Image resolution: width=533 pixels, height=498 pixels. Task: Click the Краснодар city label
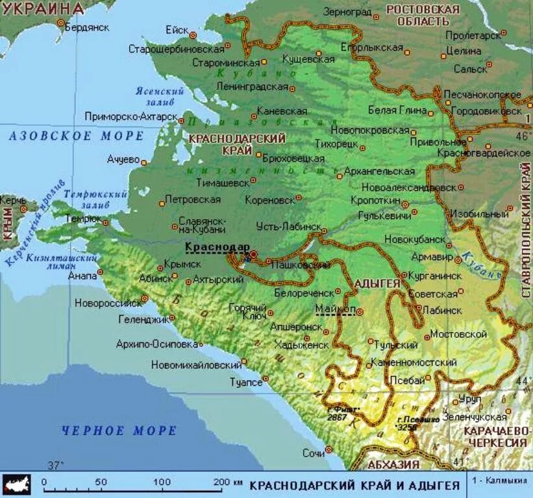pos(217,247)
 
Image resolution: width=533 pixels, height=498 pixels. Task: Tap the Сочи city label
pos(313,453)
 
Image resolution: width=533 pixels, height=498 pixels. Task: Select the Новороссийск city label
pos(108,303)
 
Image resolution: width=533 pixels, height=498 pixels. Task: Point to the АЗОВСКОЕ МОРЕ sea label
pos(76,136)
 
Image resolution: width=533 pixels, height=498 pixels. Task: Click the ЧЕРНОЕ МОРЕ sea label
pos(119,431)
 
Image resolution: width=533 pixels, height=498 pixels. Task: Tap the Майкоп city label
pos(335,309)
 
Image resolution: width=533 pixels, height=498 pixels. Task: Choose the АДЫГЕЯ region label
pos(377,284)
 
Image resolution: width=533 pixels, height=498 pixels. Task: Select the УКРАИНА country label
pos(43,8)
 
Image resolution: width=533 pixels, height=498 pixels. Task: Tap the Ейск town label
pos(177,30)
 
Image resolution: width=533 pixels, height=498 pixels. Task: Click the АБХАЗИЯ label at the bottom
pos(393,464)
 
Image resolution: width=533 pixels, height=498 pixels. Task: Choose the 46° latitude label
pos(523,136)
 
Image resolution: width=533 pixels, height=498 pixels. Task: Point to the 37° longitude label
pos(56,465)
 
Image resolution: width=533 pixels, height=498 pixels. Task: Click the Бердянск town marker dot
pos(61,23)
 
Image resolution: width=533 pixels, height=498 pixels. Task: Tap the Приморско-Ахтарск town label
pos(131,117)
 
